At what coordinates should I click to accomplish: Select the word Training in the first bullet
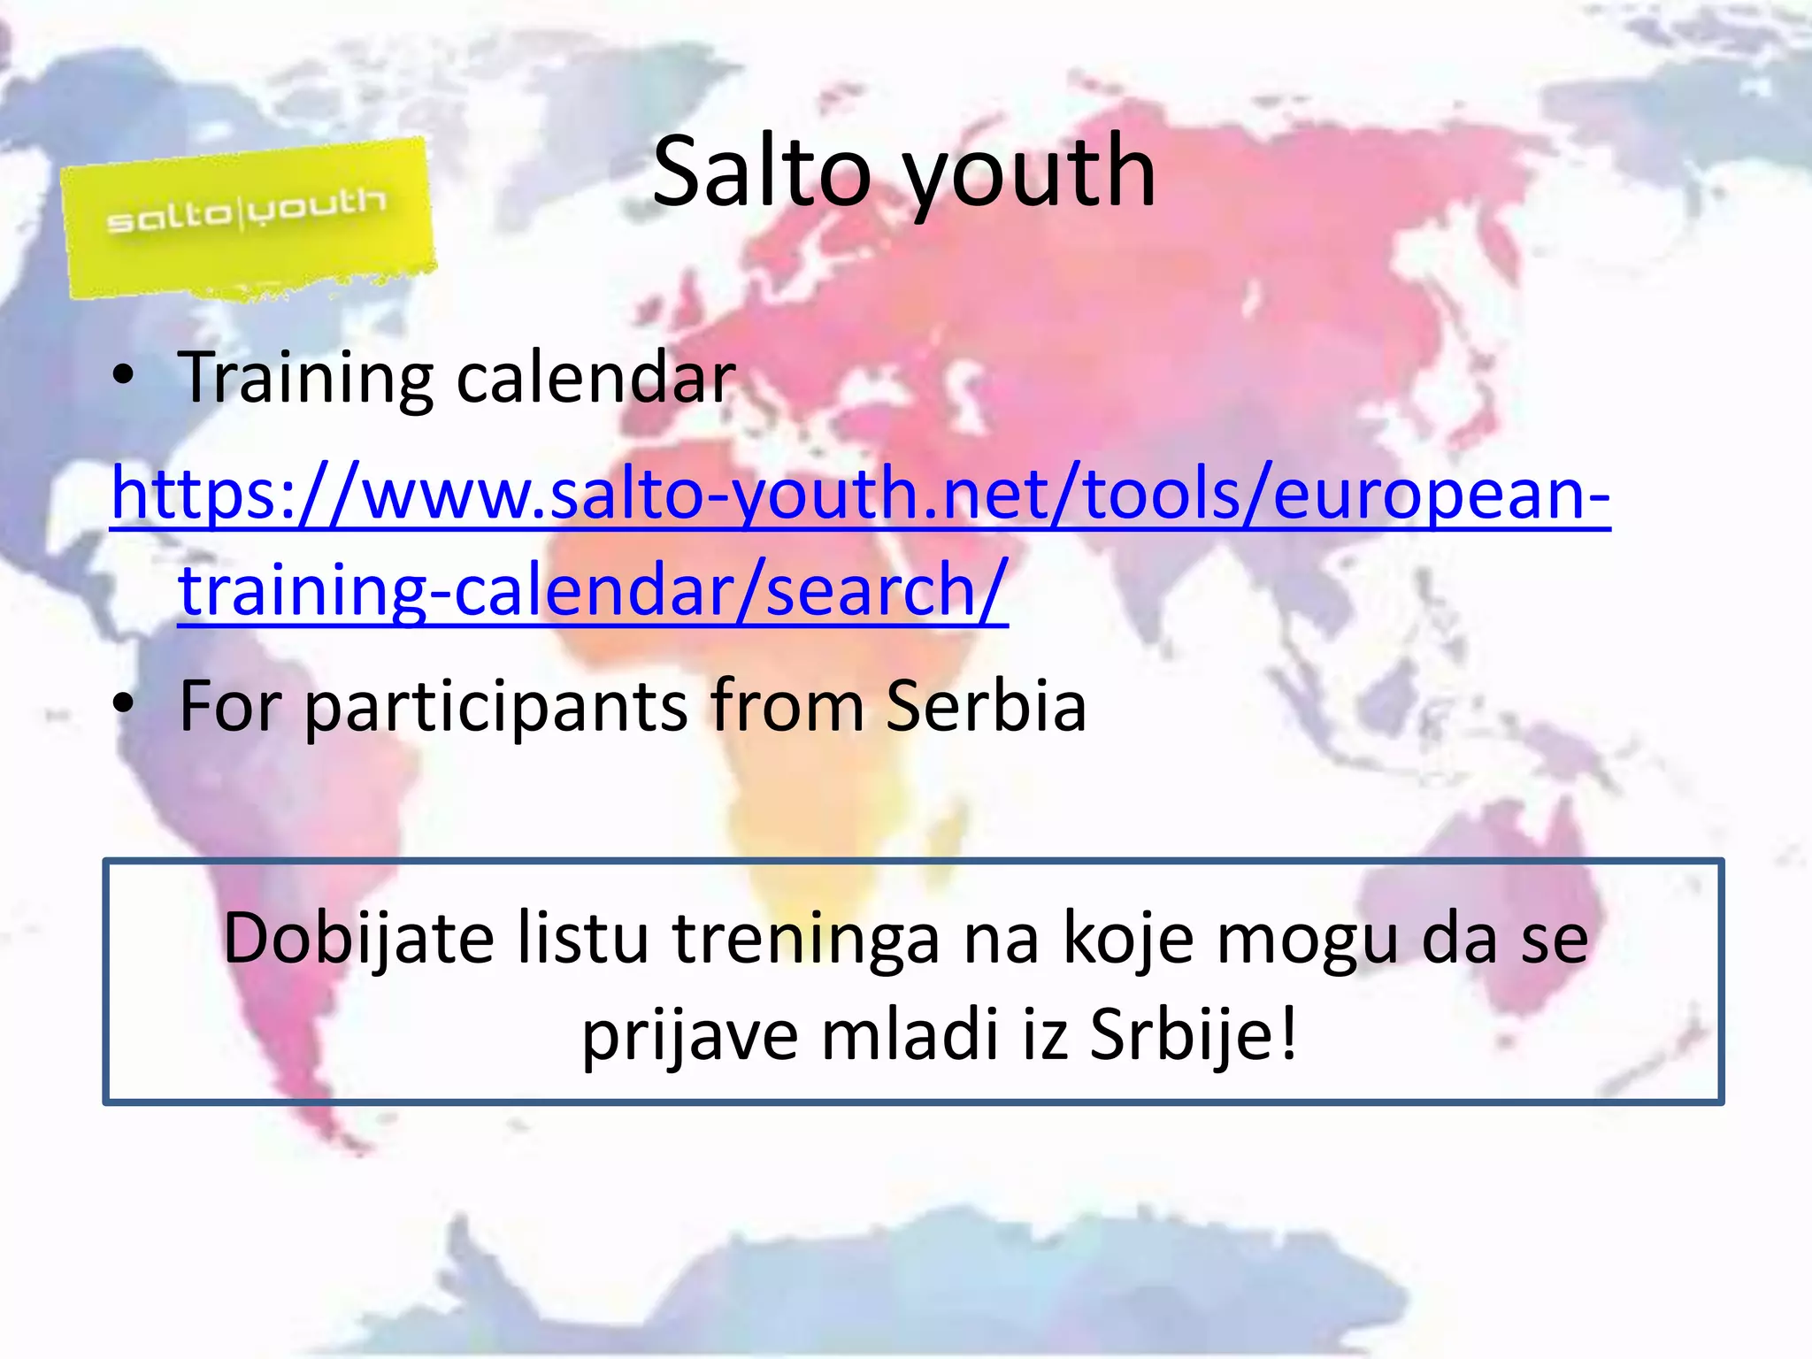point(305,379)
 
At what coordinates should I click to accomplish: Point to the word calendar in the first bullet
point(595,378)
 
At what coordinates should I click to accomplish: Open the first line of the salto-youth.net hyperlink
point(860,494)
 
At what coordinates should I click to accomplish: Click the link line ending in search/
point(593,589)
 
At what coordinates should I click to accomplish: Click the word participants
point(496,707)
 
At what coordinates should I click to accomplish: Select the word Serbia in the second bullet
point(986,705)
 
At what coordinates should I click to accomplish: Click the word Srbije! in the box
point(1194,1035)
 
